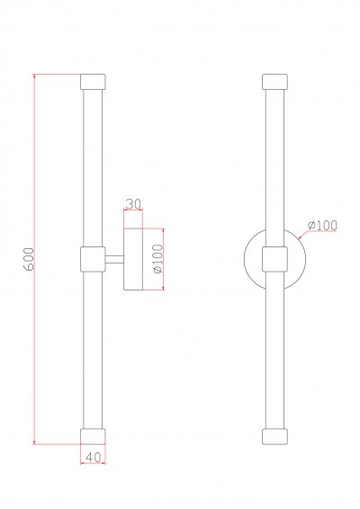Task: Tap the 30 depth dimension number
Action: point(133,204)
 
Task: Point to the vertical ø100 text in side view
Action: point(157,258)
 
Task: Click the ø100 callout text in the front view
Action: point(321,225)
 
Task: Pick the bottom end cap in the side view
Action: point(94,436)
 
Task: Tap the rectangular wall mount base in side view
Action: point(133,259)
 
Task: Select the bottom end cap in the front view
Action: point(274,436)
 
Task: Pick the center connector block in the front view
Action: point(274,259)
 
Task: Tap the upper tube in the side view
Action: point(94,166)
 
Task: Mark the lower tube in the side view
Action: point(94,351)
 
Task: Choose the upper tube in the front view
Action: point(274,166)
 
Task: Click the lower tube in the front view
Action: point(274,351)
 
